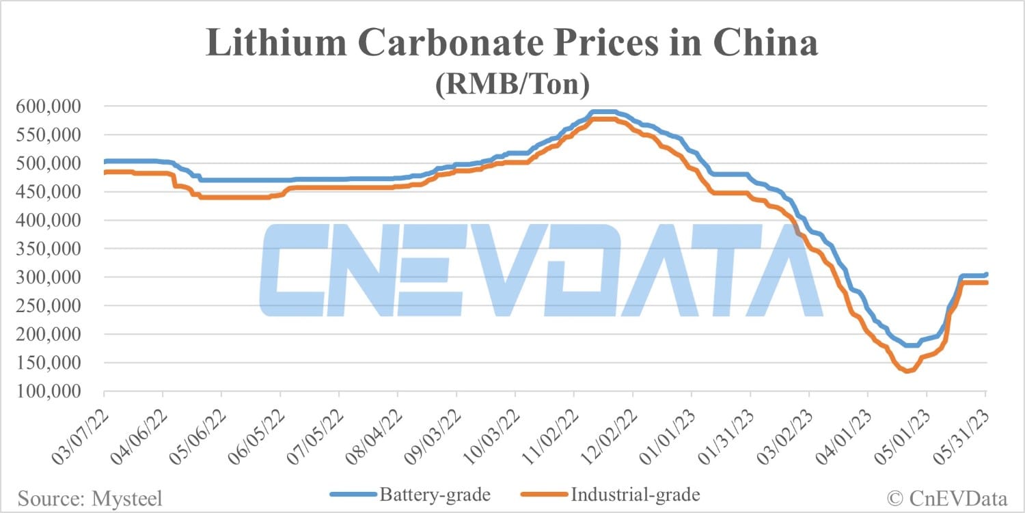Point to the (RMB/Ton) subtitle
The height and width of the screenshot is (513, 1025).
click(x=512, y=85)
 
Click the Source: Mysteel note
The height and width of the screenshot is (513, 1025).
click(x=90, y=499)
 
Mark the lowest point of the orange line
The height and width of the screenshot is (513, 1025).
click(x=907, y=371)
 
